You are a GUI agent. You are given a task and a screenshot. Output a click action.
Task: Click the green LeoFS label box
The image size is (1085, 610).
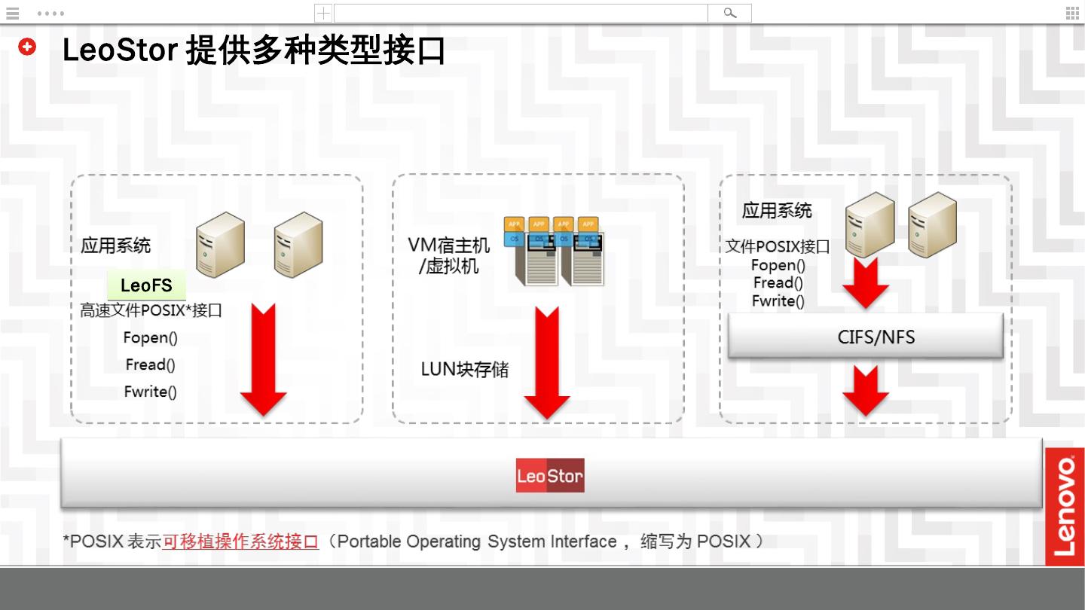click(x=146, y=285)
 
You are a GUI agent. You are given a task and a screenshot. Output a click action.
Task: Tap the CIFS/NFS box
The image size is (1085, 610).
click(x=866, y=336)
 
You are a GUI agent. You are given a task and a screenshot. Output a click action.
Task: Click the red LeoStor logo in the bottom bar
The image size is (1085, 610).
click(x=550, y=475)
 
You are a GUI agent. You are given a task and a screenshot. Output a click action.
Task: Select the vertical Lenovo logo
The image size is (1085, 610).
click(x=1064, y=506)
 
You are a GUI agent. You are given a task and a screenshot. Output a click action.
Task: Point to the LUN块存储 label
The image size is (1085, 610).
click(x=464, y=370)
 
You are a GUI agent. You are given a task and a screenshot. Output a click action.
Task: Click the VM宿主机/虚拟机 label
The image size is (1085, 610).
click(x=448, y=255)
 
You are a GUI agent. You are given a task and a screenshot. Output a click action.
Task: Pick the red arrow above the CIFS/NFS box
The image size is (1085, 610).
click(x=865, y=284)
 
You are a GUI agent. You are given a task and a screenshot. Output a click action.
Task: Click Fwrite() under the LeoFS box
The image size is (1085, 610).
click(x=151, y=392)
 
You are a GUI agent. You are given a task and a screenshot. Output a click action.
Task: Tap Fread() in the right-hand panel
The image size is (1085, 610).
click(x=778, y=283)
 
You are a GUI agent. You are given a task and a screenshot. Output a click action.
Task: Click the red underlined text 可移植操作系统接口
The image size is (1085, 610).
click(x=240, y=541)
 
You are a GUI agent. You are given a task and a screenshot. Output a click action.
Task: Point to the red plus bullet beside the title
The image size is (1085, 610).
click(x=27, y=47)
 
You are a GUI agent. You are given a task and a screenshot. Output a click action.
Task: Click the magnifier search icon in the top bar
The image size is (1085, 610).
click(x=729, y=13)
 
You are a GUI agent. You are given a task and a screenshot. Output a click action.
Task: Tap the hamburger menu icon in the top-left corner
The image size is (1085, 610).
click(x=12, y=13)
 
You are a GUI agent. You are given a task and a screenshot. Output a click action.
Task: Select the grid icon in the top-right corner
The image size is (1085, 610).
click(x=1071, y=13)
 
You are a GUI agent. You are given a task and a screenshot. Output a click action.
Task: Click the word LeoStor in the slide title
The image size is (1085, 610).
click(x=120, y=50)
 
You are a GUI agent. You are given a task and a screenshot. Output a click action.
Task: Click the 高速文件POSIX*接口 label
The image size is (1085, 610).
click(x=151, y=310)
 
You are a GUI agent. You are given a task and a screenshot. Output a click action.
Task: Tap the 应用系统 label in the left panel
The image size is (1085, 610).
click(x=115, y=246)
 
